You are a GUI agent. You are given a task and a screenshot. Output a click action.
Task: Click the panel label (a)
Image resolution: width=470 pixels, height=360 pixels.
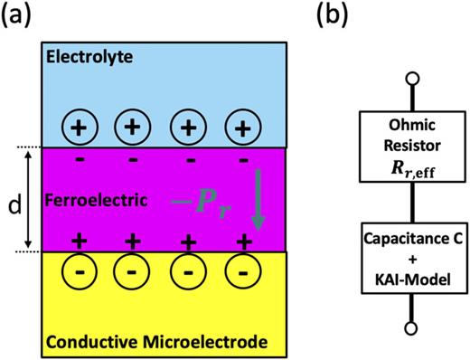coord(19,15)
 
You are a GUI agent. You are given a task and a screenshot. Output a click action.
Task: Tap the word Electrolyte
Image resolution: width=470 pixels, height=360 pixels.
coord(91,57)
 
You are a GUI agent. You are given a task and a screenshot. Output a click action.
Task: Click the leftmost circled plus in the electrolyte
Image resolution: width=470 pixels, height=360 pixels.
coord(79,127)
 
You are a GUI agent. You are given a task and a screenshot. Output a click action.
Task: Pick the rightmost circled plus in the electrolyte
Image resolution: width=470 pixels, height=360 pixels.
coord(241,127)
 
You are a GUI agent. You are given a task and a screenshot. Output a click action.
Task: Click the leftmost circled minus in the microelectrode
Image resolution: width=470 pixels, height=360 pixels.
coord(79,270)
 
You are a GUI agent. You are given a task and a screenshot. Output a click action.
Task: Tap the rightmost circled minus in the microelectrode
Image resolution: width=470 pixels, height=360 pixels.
coord(241,270)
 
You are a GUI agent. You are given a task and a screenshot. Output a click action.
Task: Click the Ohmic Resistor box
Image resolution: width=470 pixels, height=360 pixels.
coord(392,144)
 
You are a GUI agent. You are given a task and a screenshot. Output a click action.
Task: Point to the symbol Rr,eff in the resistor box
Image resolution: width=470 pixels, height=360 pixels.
coord(392,165)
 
